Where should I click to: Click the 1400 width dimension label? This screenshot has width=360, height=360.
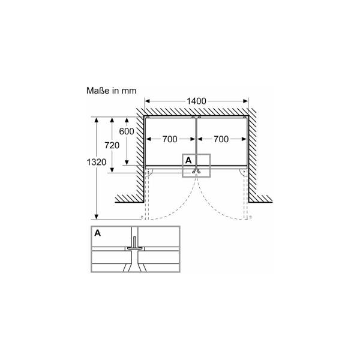coord(197,101)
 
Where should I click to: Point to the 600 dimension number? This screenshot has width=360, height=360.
coord(127,131)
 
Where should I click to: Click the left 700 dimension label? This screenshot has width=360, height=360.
coord(169,140)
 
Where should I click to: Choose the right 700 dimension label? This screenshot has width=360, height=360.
coord(221,140)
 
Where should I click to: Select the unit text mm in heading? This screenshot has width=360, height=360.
coord(129,91)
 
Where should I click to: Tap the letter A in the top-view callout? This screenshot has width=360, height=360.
coord(188,161)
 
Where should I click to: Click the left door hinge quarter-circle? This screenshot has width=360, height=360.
coord(149,173)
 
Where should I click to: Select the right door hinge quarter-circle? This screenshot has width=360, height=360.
coord(244,173)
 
